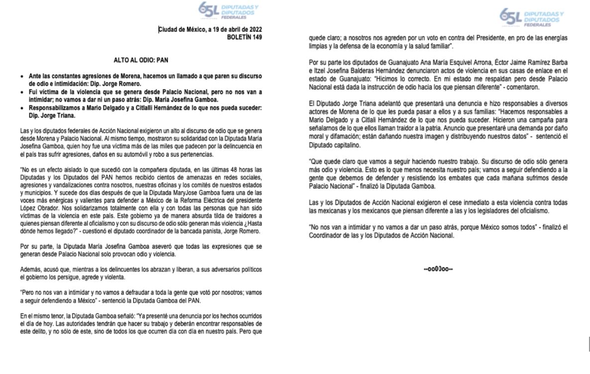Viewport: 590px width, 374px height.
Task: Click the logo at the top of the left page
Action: [x=228, y=10]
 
